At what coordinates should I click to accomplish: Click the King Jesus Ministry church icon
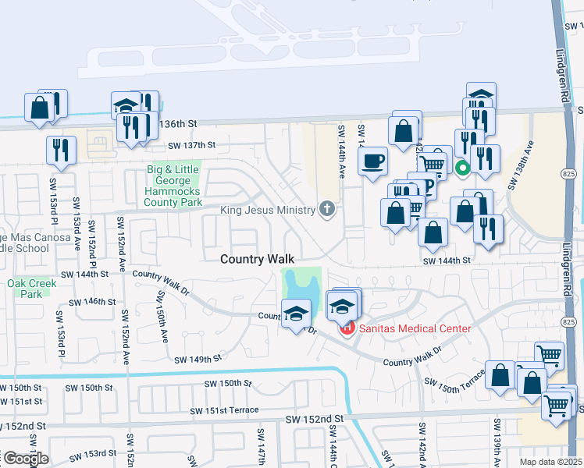(327, 209)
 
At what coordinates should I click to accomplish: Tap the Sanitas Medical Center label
(415, 328)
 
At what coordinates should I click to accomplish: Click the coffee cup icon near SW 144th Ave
(373, 161)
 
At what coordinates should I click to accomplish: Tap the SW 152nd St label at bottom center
(317, 419)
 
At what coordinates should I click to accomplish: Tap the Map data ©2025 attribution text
(551, 462)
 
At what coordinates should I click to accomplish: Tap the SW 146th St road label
(92, 302)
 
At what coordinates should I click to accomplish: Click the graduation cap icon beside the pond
(295, 314)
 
